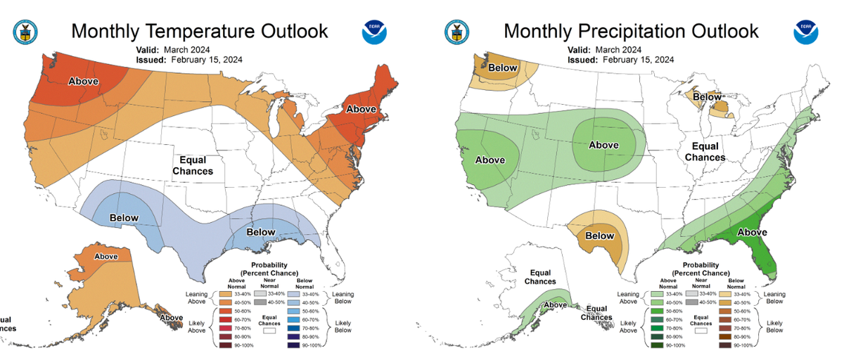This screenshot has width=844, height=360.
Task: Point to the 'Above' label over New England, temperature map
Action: click(361, 109)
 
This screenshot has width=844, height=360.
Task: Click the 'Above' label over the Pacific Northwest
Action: click(83, 82)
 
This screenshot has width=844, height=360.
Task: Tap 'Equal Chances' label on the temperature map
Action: click(191, 165)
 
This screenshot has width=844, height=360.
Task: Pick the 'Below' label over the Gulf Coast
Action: click(260, 232)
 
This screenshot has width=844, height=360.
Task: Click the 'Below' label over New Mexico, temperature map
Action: click(124, 218)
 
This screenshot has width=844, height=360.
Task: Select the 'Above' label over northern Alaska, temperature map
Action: click(106, 257)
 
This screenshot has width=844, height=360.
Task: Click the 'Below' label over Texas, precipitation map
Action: click(599, 236)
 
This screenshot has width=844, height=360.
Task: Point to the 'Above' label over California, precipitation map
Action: click(490, 160)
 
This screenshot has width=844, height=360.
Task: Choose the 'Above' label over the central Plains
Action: click(603, 146)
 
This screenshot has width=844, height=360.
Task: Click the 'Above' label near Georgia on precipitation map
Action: click(751, 232)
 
